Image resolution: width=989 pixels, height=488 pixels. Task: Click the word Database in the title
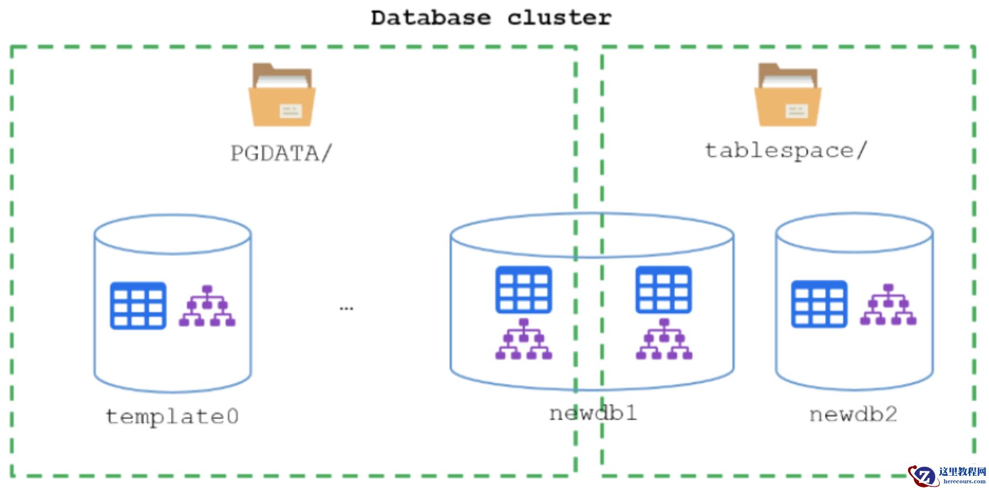coord(431,18)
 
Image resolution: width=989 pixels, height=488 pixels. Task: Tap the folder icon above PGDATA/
coord(282,95)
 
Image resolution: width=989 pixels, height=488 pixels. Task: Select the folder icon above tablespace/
coord(787,95)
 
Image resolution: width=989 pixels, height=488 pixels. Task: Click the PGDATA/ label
coord(281,153)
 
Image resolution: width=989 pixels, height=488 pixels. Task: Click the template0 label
coord(172,416)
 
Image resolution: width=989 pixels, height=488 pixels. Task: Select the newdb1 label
coord(593,413)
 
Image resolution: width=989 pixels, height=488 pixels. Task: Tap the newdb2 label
coord(853,414)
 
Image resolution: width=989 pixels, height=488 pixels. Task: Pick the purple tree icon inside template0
coord(207,306)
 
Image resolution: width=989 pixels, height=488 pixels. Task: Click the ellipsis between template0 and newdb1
coord(346,308)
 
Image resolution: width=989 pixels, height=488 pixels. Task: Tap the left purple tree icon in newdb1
coord(523,339)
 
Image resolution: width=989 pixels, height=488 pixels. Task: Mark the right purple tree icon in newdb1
coord(664,339)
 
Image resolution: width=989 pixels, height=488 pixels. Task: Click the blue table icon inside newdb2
coord(819,304)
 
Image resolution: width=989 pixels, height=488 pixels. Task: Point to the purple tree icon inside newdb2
coord(888,305)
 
